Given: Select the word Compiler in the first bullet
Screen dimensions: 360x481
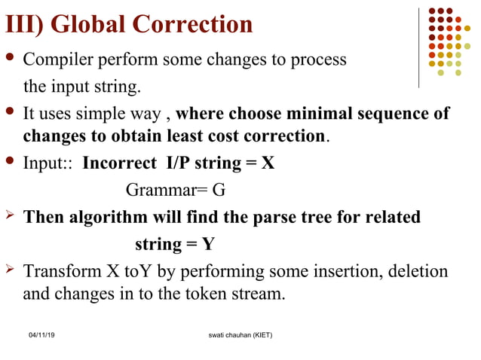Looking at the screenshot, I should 57,59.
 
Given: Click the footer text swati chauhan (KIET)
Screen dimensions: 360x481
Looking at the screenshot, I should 240,334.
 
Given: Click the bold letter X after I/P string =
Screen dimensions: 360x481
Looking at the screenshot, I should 268,163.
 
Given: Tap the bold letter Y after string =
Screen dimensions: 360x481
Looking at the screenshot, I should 208,245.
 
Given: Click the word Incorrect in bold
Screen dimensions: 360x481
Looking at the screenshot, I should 114,163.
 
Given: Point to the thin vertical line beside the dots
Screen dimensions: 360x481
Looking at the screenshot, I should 419,47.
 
